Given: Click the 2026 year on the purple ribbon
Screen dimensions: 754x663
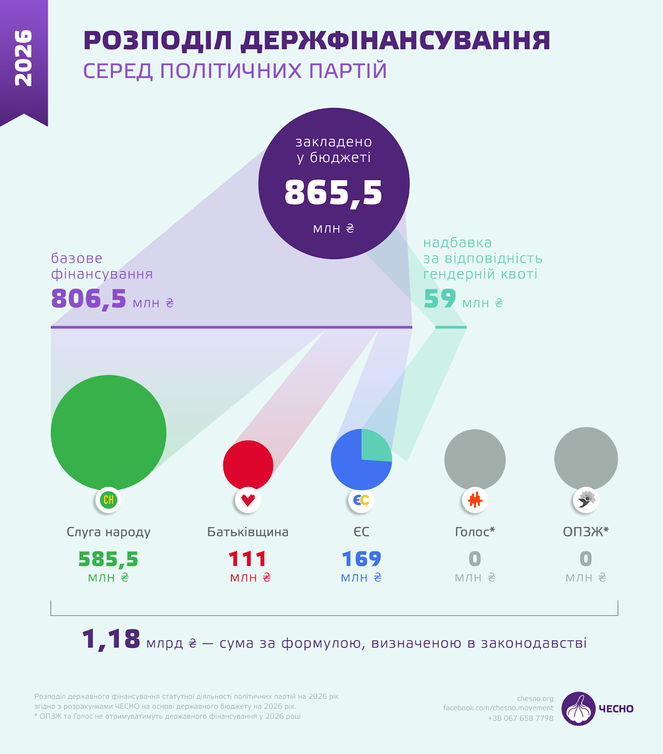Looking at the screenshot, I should (x=24, y=58).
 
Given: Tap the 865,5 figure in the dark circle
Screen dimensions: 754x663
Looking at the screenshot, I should (x=333, y=192).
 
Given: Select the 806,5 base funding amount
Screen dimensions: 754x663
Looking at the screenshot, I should (x=89, y=299).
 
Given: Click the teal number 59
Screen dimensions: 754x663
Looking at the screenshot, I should (x=440, y=299).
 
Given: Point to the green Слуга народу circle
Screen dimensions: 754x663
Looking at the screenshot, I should (x=108, y=432).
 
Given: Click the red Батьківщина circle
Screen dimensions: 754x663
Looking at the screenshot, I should (x=248, y=464).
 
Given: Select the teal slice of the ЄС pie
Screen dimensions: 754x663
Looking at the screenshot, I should (x=374, y=446).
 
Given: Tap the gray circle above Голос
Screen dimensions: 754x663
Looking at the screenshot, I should (x=475, y=459).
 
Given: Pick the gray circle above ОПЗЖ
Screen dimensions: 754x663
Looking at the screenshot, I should (x=586, y=458).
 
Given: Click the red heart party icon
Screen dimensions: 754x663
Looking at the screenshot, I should (x=248, y=500).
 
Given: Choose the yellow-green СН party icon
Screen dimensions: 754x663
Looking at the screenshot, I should (x=108, y=500).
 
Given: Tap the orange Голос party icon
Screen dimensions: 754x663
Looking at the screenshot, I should (x=475, y=500).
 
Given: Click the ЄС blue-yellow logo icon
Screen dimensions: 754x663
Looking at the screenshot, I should (x=361, y=500).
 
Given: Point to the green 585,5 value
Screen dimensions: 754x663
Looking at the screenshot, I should (x=108, y=559).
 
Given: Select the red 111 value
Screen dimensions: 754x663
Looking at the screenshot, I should (x=248, y=559).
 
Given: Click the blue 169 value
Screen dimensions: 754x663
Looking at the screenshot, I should (x=361, y=559).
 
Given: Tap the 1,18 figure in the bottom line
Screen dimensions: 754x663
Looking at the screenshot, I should (x=111, y=640).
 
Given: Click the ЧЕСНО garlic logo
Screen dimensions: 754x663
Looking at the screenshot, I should (x=578, y=708).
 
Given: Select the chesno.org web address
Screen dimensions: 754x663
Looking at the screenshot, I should (x=535, y=698).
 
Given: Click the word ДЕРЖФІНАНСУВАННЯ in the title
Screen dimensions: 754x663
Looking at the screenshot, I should (x=395, y=41).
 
